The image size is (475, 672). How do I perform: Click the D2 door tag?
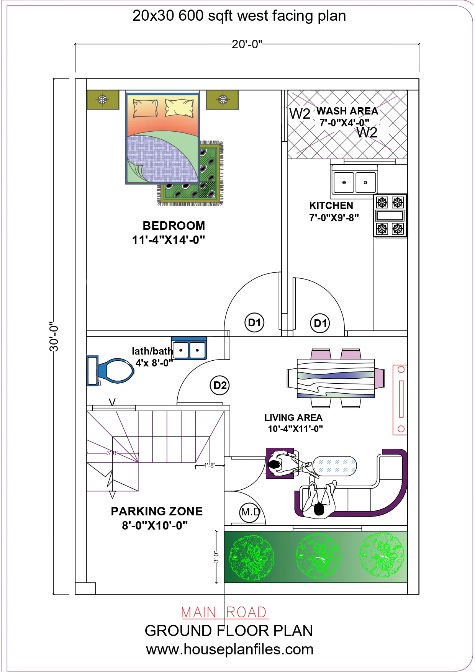220,385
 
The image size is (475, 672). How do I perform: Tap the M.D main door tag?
250,512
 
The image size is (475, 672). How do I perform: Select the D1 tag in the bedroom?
254,322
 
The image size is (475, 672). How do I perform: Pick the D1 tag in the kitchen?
320,323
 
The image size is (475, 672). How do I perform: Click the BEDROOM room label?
174,226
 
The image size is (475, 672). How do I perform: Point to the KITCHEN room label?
331,206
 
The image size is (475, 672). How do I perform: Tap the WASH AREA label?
347,111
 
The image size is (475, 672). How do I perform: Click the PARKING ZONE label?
157,511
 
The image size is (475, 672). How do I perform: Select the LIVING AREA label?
293,418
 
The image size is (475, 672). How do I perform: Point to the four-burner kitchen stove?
390,216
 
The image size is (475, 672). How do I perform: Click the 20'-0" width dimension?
247,44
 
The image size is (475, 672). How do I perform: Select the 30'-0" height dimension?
54,336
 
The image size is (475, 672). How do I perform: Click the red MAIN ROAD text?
224,612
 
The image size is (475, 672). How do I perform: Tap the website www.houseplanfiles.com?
230,649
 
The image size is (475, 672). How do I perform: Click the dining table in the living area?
336,378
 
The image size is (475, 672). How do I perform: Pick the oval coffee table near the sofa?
334,466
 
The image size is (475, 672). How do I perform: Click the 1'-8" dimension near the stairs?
210,465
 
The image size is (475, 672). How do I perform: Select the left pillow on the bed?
145,108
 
